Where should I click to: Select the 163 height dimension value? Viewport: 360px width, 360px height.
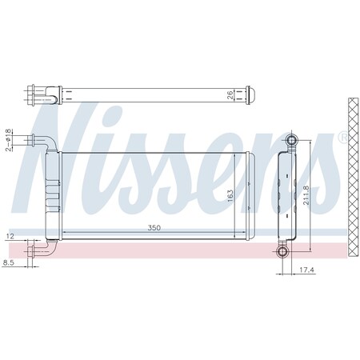click(230, 195)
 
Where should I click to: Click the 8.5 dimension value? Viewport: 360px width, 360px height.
click(9, 262)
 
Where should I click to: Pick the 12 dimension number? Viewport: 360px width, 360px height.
click(10, 237)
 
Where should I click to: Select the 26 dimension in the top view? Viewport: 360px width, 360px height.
click(231, 97)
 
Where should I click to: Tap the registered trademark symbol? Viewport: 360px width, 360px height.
click(344, 137)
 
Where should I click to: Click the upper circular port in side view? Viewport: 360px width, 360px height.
click(291, 142)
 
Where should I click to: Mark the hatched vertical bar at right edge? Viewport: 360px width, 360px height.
click(352, 176)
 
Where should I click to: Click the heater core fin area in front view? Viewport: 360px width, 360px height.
click(152, 192)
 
